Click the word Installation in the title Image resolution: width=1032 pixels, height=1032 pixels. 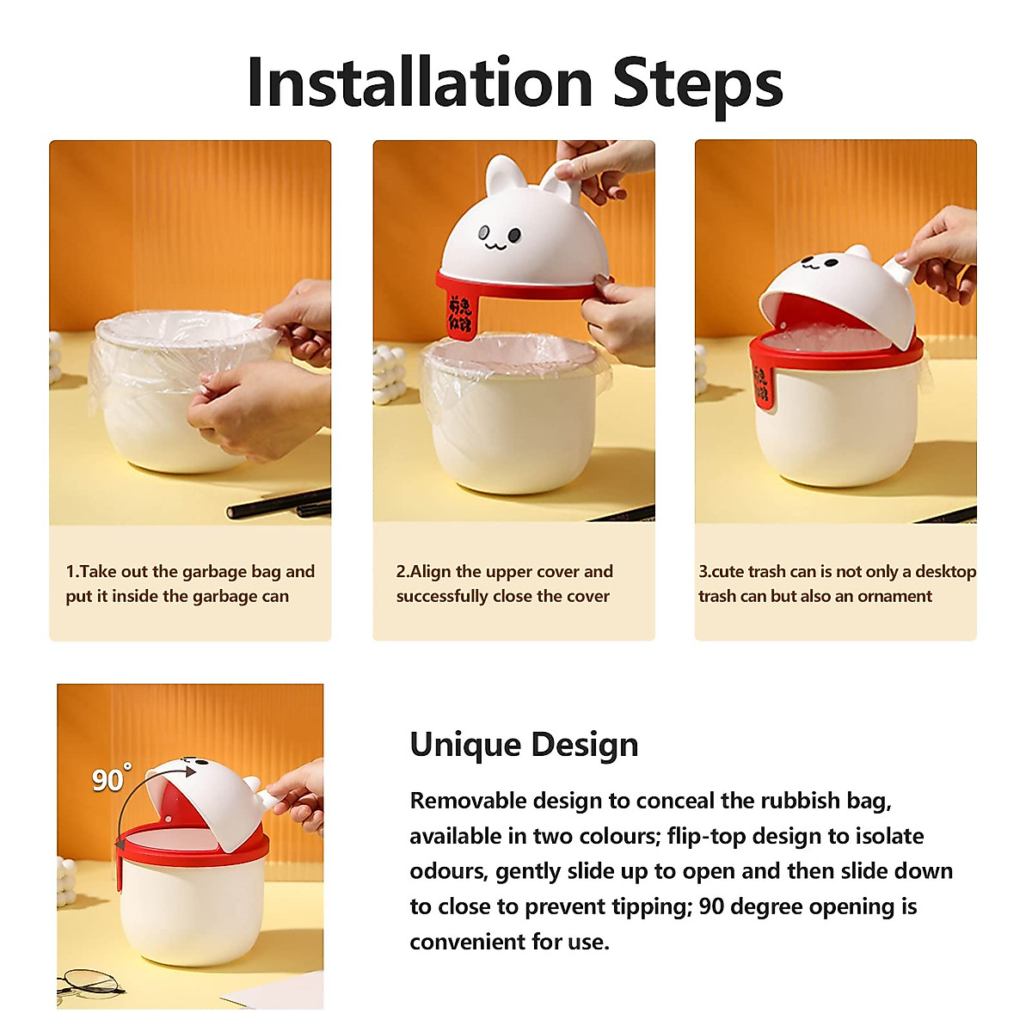[x=420, y=83]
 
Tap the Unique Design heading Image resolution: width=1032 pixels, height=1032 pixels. [x=524, y=745]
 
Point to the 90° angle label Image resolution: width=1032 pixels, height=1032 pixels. [x=111, y=778]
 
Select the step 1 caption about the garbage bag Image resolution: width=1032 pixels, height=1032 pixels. [x=190, y=584]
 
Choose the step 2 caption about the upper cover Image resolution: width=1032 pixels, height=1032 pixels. [x=504, y=584]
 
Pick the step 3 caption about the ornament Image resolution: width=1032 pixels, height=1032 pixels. [x=836, y=584]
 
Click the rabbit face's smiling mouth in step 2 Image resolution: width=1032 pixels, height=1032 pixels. [x=495, y=245]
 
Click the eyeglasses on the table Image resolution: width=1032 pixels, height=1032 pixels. [x=90, y=982]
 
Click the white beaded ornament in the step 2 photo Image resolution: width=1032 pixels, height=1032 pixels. [x=389, y=374]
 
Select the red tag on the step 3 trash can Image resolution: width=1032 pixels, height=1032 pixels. [x=761, y=385]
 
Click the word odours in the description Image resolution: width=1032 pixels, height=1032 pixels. [x=446, y=871]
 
